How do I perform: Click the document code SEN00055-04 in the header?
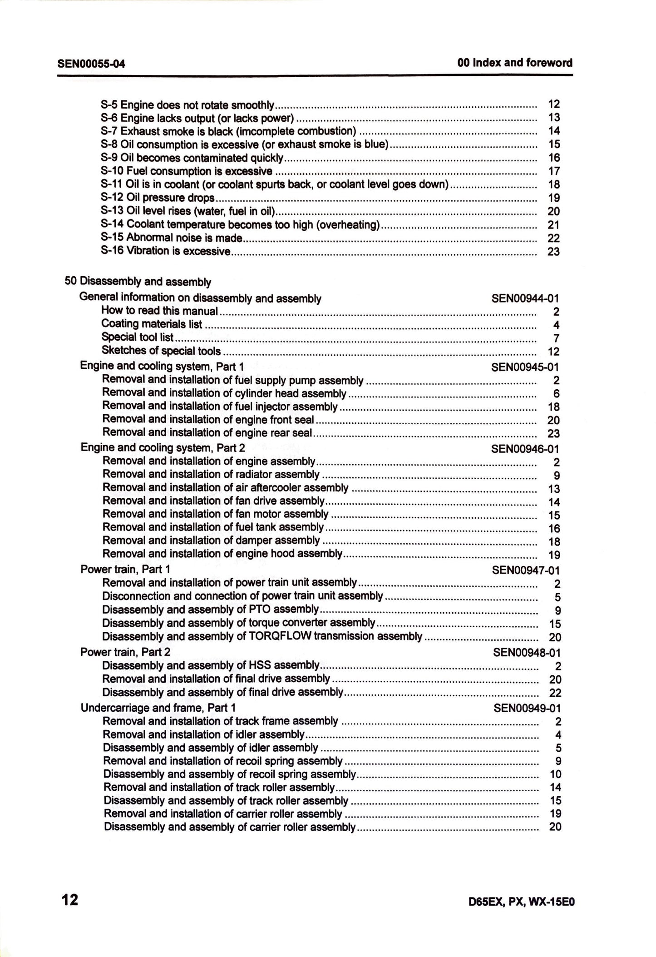[91, 64]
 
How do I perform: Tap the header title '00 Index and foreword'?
[515, 63]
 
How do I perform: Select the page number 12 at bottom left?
[70, 899]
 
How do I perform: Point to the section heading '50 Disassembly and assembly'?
[138, 282]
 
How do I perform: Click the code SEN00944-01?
[525, 298]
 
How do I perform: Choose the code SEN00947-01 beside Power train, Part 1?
[526, 570]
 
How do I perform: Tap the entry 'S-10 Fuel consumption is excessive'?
[187, 171]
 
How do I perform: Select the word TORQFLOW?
[281, 636]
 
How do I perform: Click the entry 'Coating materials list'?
[152, 324]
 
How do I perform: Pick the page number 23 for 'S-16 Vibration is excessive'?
[553, 252]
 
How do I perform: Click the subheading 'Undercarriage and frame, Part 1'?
[158, 708]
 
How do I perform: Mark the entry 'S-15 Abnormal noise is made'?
[172, 238]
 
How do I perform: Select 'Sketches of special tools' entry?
[161, 351]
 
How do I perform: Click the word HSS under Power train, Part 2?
[260, 665]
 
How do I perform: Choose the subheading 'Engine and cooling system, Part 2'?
[163, 448]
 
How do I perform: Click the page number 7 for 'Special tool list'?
[556, 338]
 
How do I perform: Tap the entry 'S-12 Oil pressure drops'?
[158, 198]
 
